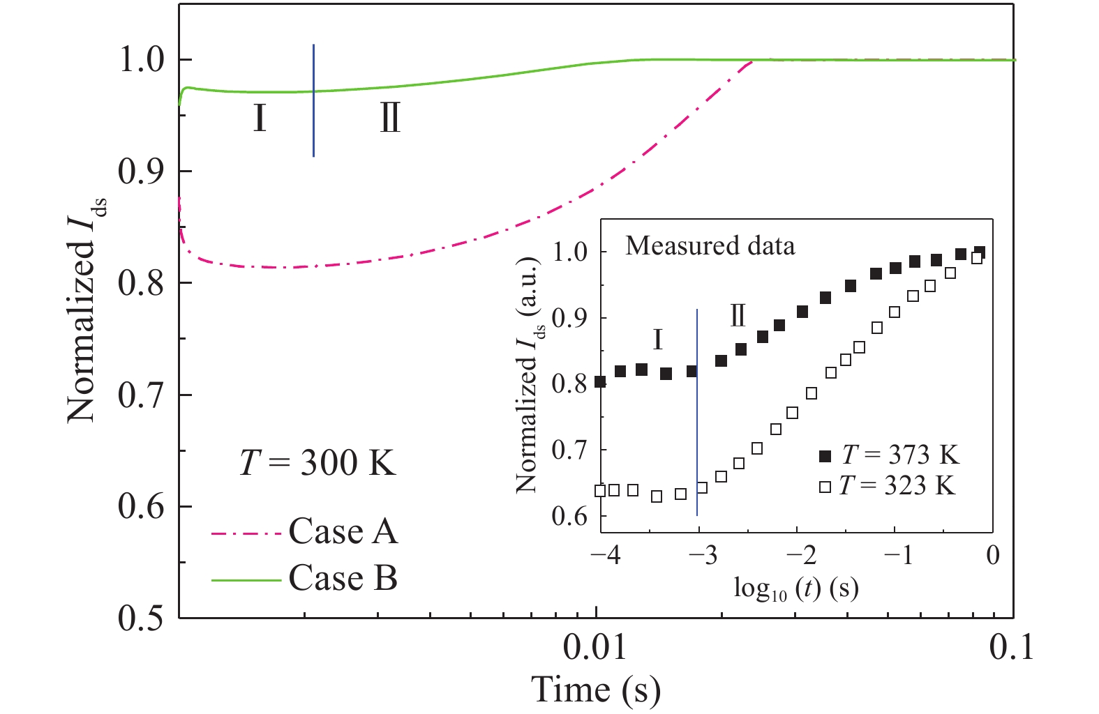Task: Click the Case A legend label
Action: (x=343, y=532)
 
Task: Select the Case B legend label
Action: (x=343, y=579)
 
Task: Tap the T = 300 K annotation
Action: (x=318, y=462)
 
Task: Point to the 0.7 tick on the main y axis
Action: (x=144, y=395)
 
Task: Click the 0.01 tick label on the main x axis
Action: (x=595, y=648)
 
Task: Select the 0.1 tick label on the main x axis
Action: (x=1011, y=648)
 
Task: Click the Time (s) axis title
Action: (x=596, y=690)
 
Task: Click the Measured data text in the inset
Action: (x=710, y=246)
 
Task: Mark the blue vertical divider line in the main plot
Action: (x=314, y=101)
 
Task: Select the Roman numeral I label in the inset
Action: (x=657, y=340)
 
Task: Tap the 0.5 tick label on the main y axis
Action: (x=144, y=618)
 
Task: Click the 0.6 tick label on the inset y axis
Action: (x=569, y=517)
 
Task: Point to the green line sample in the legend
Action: (x=246, y=579)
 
